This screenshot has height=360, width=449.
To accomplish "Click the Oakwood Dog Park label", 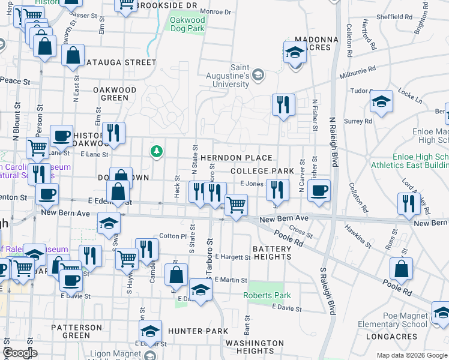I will click(187, 24).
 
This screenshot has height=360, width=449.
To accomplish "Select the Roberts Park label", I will click(267, 295).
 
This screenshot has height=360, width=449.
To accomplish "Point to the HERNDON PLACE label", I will click(237, 158).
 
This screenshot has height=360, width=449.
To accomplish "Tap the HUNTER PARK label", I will click(198, 331).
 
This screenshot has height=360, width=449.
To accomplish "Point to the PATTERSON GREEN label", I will click(76, 331).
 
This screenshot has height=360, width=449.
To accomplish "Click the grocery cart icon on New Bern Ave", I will click(236, 205).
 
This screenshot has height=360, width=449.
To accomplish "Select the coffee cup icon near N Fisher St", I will click(319, 190).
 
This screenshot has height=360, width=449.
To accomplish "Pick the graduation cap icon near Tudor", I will click(381, 102).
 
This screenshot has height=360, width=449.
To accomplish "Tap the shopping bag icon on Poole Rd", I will click(401, 269).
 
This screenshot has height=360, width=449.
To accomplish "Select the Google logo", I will click(20, 353).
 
